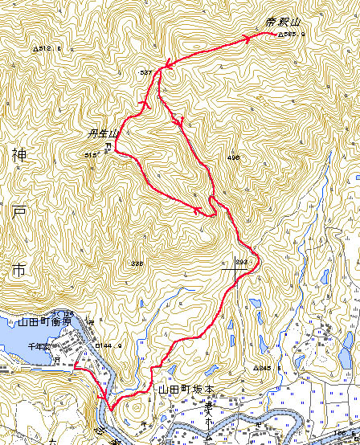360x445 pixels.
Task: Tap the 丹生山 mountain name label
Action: [x=104, y=134]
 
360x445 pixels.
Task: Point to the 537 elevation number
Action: [x=145, y=73]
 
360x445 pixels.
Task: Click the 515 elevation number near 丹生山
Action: [x=89, y=154]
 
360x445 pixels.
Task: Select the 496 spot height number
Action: [x=234, y=157]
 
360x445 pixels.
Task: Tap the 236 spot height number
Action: [x=137, y=263]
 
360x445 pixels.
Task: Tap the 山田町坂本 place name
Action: [x=187, y=389]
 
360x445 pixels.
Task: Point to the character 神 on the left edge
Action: [x=18, y=153]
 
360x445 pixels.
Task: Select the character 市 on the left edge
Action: [x=18, y=270]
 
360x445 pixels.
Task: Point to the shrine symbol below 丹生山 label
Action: [x=109, y=145]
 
